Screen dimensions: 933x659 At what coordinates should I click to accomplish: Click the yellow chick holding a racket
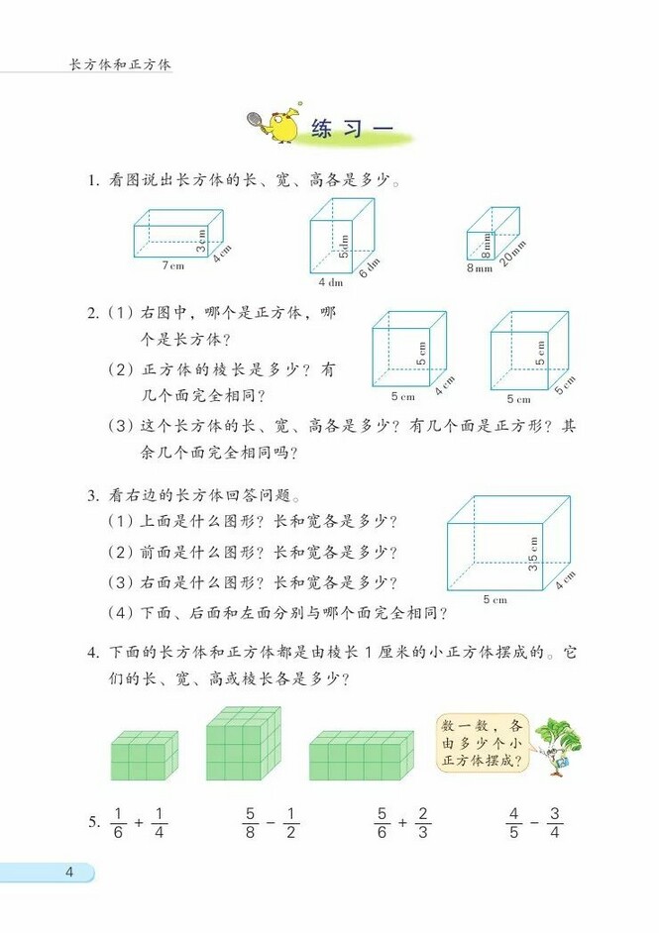pyautogui.click(x=278, y=126)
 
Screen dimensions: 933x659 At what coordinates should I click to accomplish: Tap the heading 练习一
pyautogui.click(x=352, y=130)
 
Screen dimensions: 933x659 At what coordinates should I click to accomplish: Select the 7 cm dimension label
pyautogui.click(x=173, y=265)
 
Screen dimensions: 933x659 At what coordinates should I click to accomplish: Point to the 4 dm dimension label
pyautogui.click(x=330, y=282)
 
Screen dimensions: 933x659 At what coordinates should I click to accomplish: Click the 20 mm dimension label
pyautogui.click(x=514, y=256)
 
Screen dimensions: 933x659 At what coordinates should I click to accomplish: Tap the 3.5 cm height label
pyautogui.click(x=532, y=554)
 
